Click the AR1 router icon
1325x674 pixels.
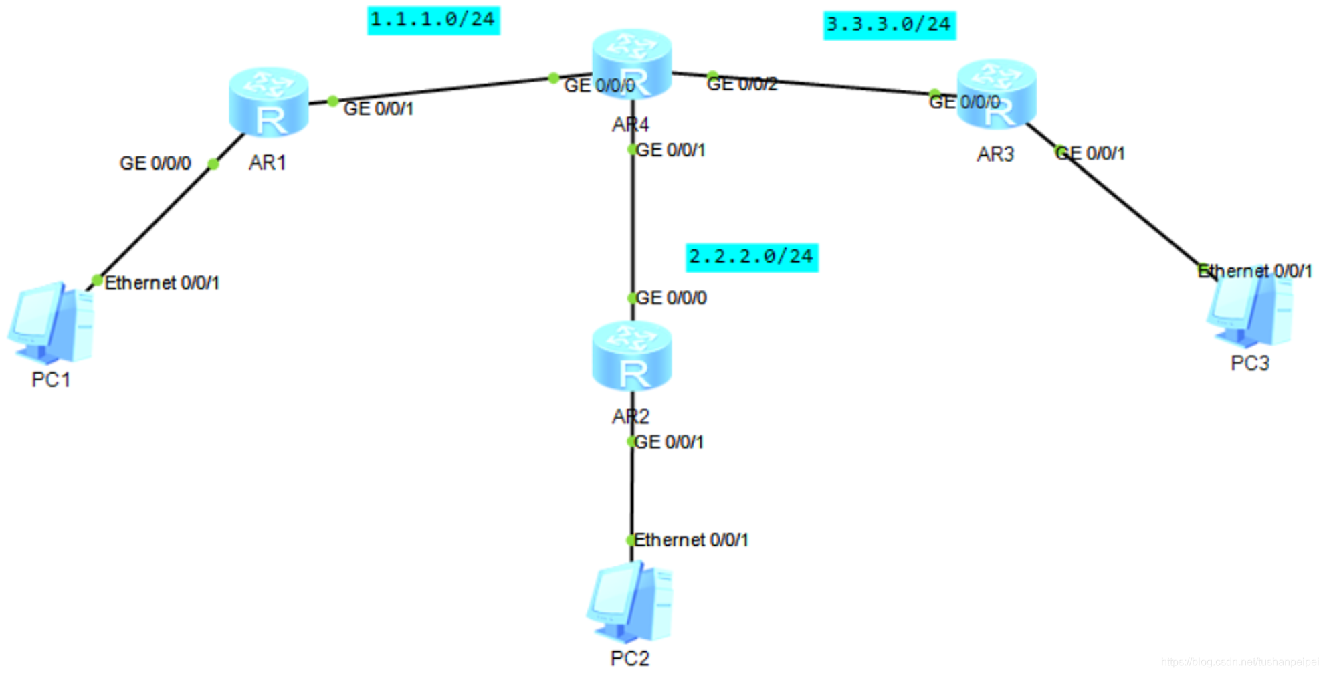(268, 102)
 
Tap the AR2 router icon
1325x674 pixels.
(631, 356)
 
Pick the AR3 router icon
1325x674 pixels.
(996, 94)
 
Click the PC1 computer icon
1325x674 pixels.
(51, 322)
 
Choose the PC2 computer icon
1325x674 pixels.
(629, 602)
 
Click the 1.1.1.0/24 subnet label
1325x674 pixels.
(433, 20)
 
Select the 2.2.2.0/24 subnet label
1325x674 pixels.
(751, 257)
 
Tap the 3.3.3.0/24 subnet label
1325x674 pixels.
(889, 25)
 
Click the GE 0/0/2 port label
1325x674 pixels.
(742, 84)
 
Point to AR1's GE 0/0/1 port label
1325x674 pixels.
(379, 108)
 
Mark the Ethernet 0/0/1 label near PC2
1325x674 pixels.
(691, 540)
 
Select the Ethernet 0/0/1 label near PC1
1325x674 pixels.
(162, 283)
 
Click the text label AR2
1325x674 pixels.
(630, 417)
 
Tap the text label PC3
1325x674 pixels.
(1249, 363)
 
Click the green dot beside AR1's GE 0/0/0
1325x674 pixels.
(213, 164)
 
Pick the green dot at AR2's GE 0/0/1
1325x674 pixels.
(631, 441)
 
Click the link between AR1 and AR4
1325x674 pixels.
(441, 89)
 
